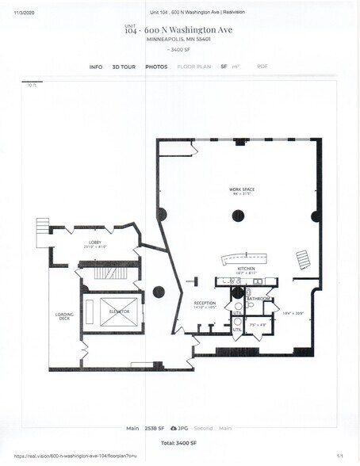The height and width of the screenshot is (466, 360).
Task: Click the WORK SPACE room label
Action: (242, 189)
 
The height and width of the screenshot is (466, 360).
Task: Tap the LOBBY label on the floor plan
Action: (94, 243)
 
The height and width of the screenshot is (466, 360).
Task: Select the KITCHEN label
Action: (246, 269)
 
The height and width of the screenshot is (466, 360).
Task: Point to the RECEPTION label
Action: (205, 303)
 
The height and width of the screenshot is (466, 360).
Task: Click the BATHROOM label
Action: (259, 298)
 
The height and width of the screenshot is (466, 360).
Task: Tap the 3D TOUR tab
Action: (124, 67)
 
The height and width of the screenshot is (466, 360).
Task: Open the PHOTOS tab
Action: (156, 67)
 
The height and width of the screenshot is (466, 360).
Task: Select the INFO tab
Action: (96, 67)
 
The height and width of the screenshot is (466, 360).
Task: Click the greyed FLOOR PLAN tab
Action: (193, 67)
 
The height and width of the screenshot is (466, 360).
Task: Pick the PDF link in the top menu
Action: (262, 67)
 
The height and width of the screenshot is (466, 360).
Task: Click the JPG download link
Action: (178, 428)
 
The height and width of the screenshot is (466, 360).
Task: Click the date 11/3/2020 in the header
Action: (25, 12)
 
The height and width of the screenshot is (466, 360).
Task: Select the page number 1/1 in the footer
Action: (339, 456)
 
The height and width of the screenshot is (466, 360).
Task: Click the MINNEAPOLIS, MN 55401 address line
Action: (178, 39)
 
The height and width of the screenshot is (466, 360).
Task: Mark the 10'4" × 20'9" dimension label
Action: (293, 313)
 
